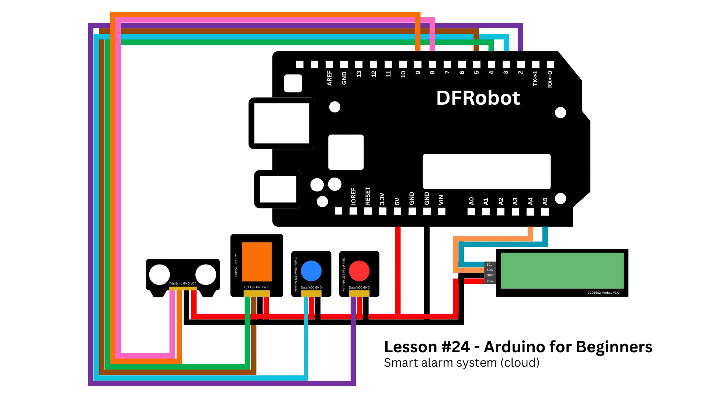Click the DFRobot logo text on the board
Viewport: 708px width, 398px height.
pyautogui.click(x=478, y=98)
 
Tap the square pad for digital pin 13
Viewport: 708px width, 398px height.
pyautogui.click(x=359, y=64)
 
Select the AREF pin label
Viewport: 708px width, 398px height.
pyautogui.click(x=329, y=78)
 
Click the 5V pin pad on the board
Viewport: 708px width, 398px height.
pyautogui.click(x=398, y=211)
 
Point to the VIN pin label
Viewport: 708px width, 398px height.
pyautogui.click(x=441, y=200)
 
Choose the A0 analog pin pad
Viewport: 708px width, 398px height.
pyautogui.click(x=471, y=212)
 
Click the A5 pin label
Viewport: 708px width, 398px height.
pyautogui.click(x=545, y=201)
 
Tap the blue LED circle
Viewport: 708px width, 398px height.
pyautogui.click(x=311, y=271)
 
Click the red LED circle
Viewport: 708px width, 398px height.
pyautogui.click(x=359, y=271)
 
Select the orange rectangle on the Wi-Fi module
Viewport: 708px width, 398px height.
pyautogui.click(x=257, y=262)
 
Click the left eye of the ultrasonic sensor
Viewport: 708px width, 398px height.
pyautogui.click(x=159, y=275)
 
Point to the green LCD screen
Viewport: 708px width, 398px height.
pyautogui.click(x=562, y=270)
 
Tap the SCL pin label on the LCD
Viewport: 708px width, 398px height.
pyautogui.click(x=489, y=265)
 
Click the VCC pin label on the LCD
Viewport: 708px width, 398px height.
pyautogui.click(x=490, y=281)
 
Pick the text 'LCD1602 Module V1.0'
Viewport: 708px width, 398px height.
pyautogui.click(x=603, y=293)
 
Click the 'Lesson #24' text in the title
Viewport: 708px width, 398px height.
pyautogui.click(x=427, y=347)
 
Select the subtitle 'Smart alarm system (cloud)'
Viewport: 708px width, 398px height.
pyautogui.click(x=462, y=363)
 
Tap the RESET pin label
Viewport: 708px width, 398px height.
pyautogui.click(x=368, y=196)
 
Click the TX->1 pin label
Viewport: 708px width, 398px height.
pyautogui.click(x=535, y=78)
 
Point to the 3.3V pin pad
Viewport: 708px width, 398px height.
pyautogui.click(x=383, y=211)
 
